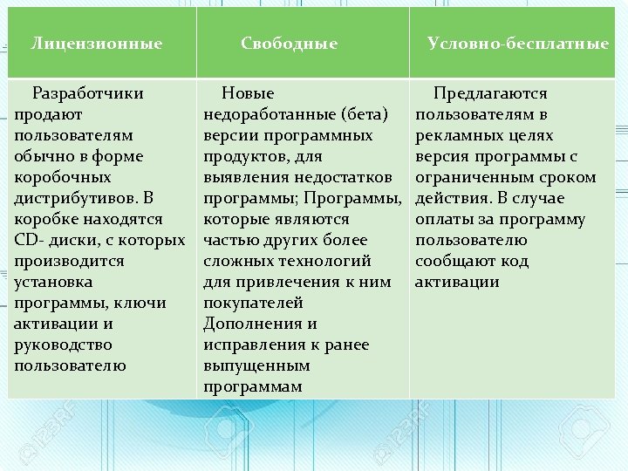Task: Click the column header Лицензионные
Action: tap(97, 43)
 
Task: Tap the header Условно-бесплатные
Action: tap(518, 43)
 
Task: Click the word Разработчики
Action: tap(87, 93)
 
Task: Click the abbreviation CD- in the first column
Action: tap(31, 240)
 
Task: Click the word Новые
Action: tap(248, 93)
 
